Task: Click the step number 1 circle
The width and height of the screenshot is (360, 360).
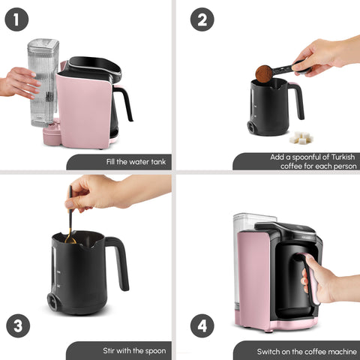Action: (x=16, y=19)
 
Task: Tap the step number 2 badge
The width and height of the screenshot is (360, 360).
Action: (x=202, y=19)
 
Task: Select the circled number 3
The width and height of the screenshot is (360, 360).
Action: (x=18, y=325)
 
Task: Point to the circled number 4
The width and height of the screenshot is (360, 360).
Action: (x=202, y=325)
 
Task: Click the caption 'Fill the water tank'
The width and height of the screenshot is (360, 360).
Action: (x=136, y=162)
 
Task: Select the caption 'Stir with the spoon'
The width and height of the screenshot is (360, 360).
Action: (x=134, y=351)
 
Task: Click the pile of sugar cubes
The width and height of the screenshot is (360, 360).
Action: (x=301, y=138)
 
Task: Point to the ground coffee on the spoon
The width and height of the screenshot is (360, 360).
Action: (x=264, y=72)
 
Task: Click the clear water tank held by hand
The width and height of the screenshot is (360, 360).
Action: (x=43, y=82)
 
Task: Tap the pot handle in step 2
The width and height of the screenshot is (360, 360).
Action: (x=297, y=100)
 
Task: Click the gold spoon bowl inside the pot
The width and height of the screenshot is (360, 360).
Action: (x=70, y=240)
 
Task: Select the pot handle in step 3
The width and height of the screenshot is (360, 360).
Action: (x=118, y=263)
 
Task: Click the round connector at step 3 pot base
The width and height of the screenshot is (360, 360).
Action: (x=54, y=301)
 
